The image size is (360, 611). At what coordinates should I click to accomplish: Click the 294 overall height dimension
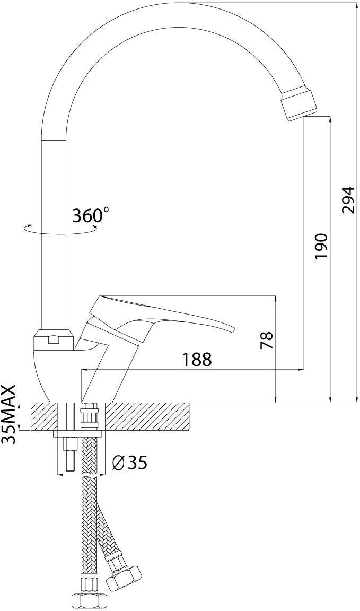click(x=348, y=199)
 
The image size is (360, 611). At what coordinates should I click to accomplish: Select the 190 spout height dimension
click(x=321, y=246)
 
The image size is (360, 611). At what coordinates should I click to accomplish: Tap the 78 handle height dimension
click(x=267, y=340)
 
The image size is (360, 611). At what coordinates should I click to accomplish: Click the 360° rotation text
click(x=91, y=215)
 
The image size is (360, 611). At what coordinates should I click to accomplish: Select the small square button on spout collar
click(x=54, y=341)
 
